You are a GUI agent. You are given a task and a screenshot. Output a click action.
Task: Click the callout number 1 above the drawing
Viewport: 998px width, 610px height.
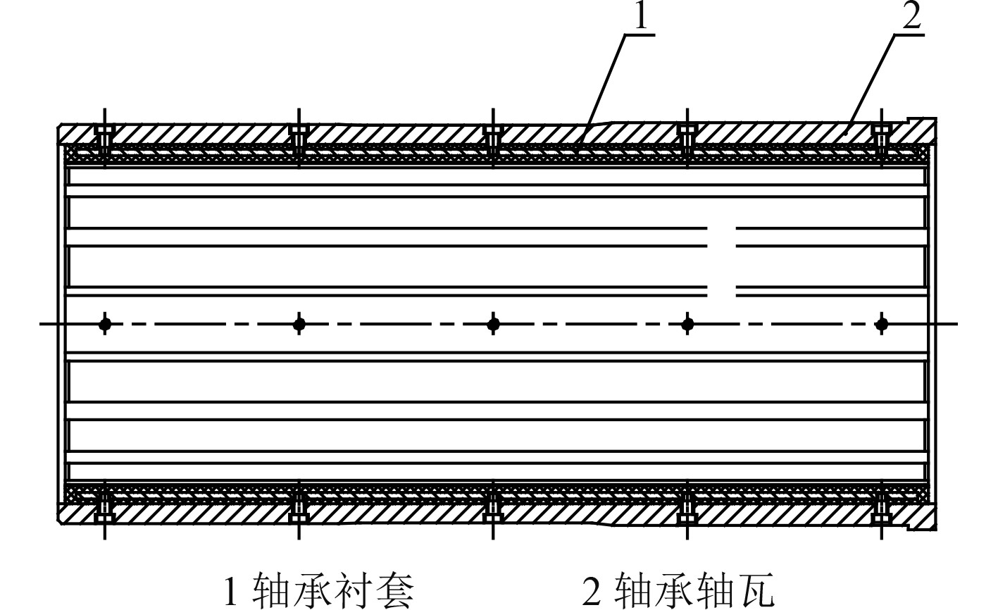pos(640,18)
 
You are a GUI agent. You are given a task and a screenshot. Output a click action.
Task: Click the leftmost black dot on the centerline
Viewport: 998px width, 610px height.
pos(105,324)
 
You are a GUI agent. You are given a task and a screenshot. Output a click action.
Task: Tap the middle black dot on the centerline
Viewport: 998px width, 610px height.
pos(494,324)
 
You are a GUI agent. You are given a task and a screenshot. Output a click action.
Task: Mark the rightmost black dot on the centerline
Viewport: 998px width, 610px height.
pos(882,324)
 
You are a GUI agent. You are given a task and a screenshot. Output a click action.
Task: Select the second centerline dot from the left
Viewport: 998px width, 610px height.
pos(299,324)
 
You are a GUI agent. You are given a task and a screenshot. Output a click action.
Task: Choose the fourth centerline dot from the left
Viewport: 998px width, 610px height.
pos(688,324)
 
